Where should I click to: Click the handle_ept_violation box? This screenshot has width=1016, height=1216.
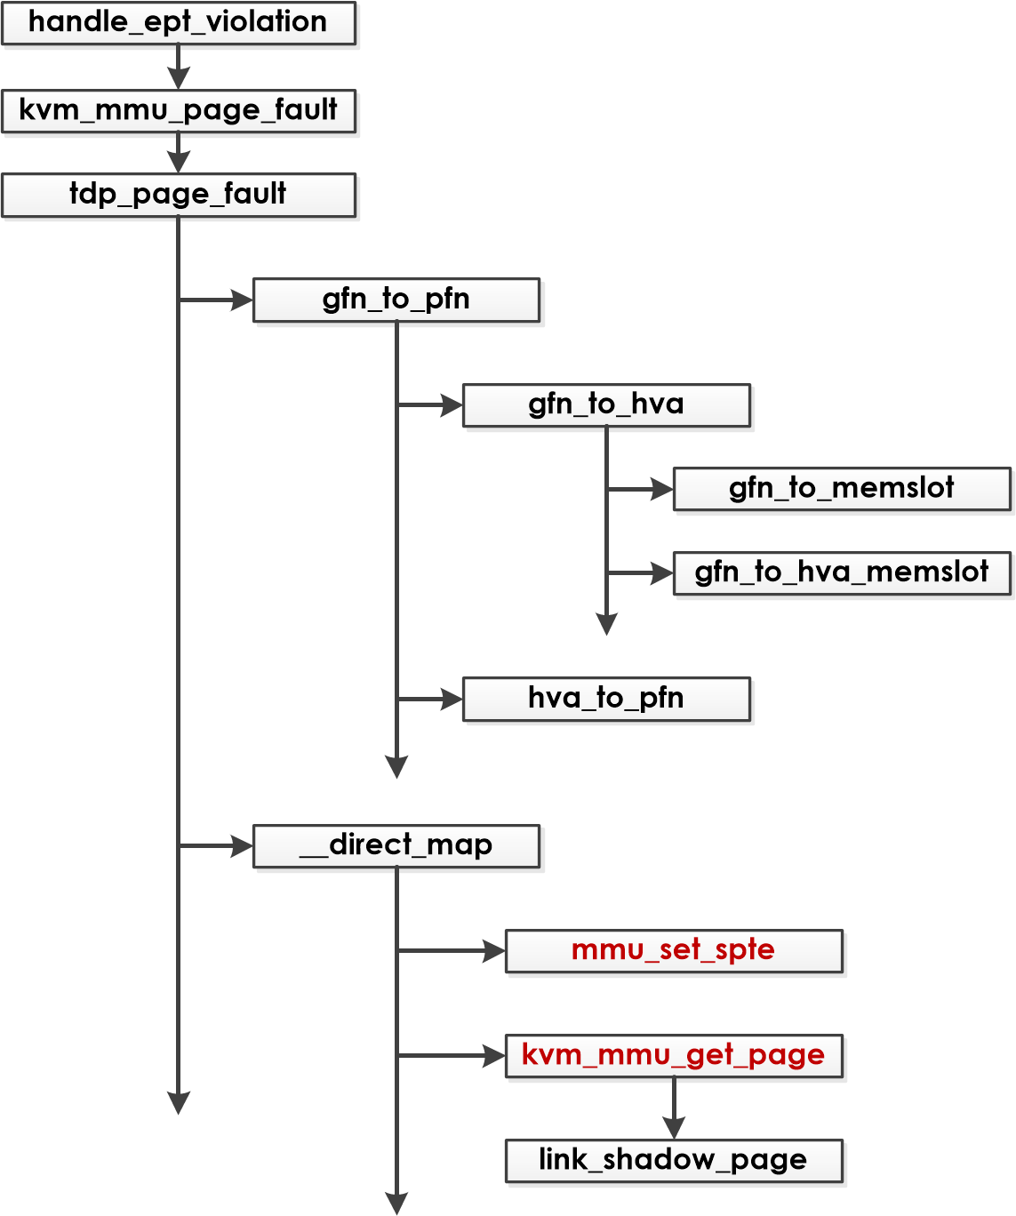tap(178, 23)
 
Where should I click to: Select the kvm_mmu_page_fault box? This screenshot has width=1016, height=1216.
tap(178, 111)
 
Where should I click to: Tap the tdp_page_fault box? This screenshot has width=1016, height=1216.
tap(178, 195)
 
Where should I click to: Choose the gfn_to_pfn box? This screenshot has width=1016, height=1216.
tap(396, 300)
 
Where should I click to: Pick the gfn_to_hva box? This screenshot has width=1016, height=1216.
tap(606, 404)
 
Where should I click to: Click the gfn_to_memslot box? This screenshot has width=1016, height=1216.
tap(841, 489)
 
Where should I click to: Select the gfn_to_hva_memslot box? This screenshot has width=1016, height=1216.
tap(841, 572)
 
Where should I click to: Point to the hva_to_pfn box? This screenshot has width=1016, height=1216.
tap(606, 699)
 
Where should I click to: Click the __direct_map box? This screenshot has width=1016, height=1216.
tap(396, 845)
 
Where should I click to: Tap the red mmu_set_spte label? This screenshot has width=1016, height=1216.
tap(673, 950)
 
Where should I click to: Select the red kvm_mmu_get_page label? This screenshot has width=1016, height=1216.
tap(673, 1055)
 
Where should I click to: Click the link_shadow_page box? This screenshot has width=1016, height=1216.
tap(673, 1160)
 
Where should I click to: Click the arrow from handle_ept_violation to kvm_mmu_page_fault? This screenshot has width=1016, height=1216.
tap(178, 67)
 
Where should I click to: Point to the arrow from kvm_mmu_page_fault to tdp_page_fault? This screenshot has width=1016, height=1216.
tap(178, 153)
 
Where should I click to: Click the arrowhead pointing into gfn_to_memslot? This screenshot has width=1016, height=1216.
tap(662, 489)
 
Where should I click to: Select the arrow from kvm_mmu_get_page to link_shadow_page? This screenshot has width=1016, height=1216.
tap(674, 1108)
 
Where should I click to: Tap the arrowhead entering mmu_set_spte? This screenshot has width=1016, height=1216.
tap(494, 951)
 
